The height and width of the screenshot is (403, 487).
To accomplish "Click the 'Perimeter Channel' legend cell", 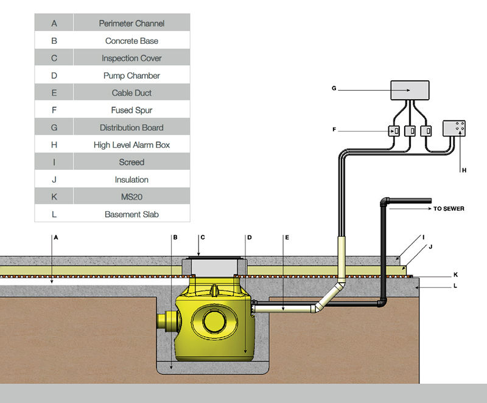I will [131, 23].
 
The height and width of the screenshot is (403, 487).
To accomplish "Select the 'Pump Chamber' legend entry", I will [131, 75].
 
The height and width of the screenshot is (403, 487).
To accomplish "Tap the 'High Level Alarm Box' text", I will [131, 145].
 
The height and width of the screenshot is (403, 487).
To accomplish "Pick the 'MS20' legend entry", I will [131, 197].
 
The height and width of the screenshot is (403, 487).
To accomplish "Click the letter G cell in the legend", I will [55, 128].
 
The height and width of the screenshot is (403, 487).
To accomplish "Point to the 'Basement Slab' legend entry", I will [131, 214].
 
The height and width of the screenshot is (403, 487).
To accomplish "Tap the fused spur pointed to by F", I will [393, 130].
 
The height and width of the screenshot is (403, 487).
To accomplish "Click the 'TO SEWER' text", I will [449, 209].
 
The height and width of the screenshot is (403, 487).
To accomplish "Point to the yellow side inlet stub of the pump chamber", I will [166, 322].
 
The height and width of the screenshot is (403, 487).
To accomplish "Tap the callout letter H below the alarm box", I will [464, 170].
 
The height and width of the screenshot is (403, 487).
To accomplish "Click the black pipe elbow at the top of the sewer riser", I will [385, 201].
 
